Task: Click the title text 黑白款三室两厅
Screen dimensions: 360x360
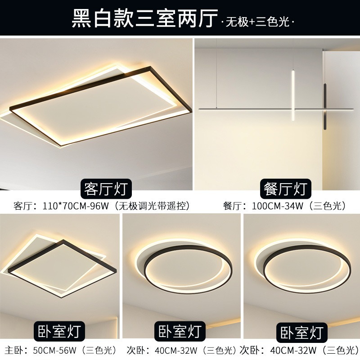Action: tap(144, 18)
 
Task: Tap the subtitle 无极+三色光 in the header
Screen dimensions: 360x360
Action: tap(257, 22)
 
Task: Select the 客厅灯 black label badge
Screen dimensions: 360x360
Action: tap(106, 189)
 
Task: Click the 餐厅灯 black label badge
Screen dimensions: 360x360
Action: tap(286, 189)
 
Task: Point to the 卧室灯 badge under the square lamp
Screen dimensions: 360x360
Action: tap(59, 331)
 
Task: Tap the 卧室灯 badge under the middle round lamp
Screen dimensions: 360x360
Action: tap(180, 331)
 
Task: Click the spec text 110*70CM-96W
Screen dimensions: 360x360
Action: tap(76, 206)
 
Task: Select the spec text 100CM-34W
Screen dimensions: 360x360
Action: tap(278, 206)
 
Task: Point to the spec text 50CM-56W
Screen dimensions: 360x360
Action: tap(54, 351)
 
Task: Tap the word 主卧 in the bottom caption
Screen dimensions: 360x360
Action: tap(14, 351)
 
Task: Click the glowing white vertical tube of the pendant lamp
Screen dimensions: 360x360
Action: tap(293, 96)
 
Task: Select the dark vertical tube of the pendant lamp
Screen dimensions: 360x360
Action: tap(325, 106)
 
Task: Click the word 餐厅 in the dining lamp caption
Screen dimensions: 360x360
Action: tap(232, 206)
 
